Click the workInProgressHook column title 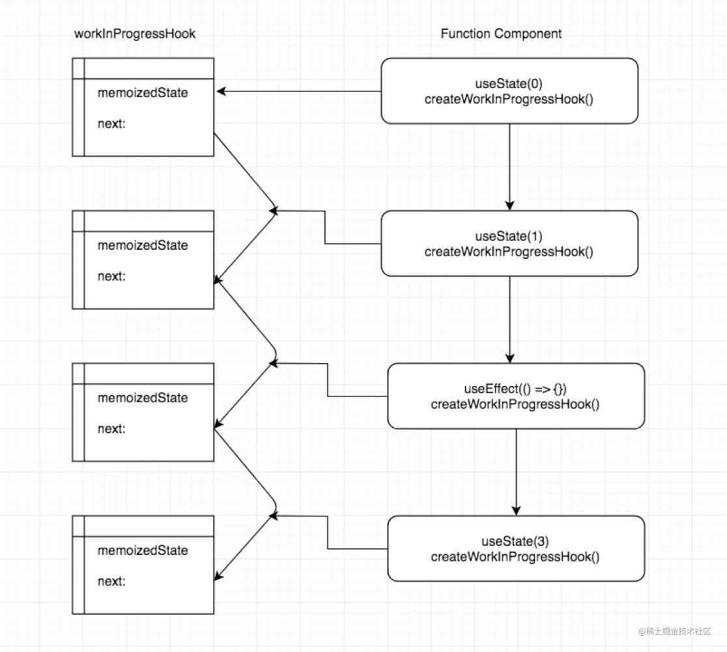click(135, 34)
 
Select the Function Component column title click(501, 33)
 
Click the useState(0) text click(509, 83)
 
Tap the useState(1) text click(509, 236)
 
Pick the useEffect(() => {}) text click(515, 389)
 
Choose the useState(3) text click(515, 541)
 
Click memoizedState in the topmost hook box click(143, 93)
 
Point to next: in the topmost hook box click(111, 124)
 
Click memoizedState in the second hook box click(143, 246)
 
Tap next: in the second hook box click(111, 276)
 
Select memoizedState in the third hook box click(143, 398)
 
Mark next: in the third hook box click(111, 429)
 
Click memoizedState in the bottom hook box click(143, 550)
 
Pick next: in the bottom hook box click(111, 582)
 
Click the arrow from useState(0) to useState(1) click(509, 167)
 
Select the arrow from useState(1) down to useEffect click(509, 319)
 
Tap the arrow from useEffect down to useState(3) click(516, 472)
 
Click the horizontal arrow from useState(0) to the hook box click(298, 91)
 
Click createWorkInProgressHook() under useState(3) click(515, 557)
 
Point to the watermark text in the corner click(674, 631)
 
